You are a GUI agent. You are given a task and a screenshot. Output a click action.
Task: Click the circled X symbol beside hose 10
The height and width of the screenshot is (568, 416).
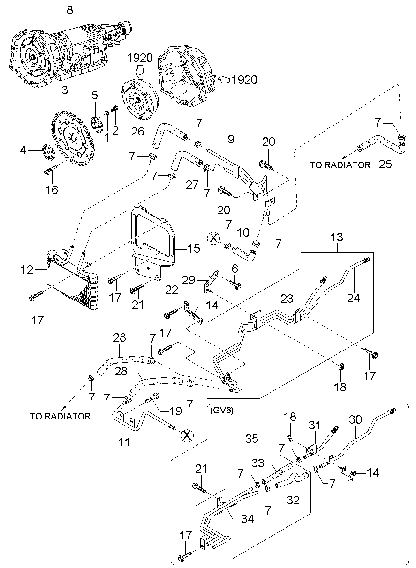[213, 238]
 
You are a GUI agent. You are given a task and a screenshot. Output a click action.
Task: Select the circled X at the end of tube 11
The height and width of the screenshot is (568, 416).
[187, 435]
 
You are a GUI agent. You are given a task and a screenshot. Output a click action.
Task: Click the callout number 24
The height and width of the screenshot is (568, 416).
[354, 298]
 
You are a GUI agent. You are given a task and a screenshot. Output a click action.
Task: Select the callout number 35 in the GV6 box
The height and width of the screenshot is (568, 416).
[251, 439]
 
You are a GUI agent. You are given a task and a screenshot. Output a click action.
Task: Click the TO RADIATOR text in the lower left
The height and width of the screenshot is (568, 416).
[60, 416]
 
